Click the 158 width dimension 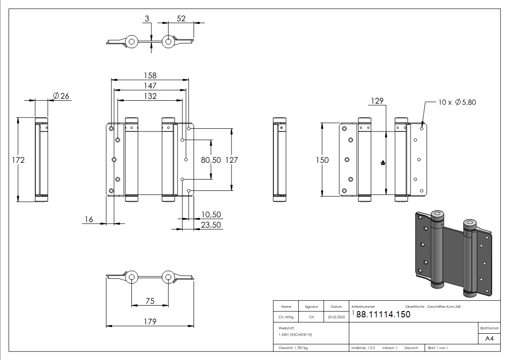tap(150, 75)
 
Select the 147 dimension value tap(150, 86)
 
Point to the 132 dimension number tap(150, 96)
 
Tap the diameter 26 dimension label tap(61, 96)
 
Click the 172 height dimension tap(18, 160)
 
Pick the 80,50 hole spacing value tap(211, 160)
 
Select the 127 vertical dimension tap(232, 160)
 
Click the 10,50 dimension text tap(211, 214)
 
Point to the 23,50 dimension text tap(211, 224)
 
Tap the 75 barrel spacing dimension tap(150, 301)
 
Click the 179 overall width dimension tap(150, 321)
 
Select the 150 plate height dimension tap(322, 160)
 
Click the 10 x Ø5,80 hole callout tap(457, 102)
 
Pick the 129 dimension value tap(377, 101)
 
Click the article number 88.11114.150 tap(383, 314)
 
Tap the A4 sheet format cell tap(489, 339)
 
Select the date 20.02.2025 tap(336, 317)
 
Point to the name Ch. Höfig tap(286, 317)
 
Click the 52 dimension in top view tap(181, 19)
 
